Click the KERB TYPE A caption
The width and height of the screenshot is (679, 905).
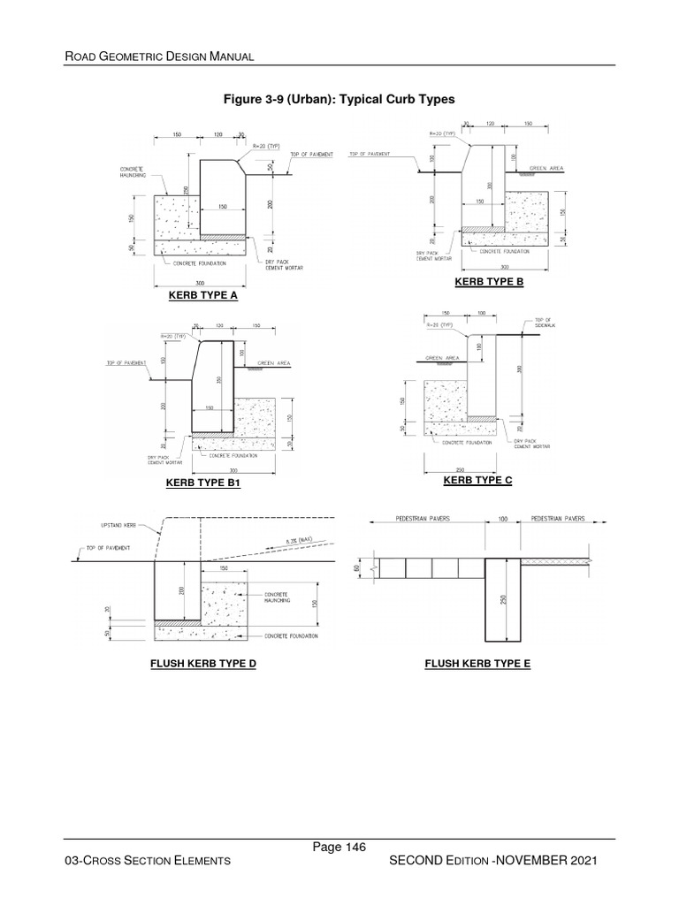203,296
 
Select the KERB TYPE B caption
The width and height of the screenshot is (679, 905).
489,282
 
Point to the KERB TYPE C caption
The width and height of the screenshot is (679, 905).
477,480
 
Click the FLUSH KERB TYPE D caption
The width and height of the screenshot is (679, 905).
203,662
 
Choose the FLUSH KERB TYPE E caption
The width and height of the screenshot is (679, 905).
477,662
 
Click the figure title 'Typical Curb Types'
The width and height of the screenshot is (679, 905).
339,99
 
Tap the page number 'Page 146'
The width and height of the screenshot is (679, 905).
339,848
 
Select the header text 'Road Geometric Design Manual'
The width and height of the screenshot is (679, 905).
160,57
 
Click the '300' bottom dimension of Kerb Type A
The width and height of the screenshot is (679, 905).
200,273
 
